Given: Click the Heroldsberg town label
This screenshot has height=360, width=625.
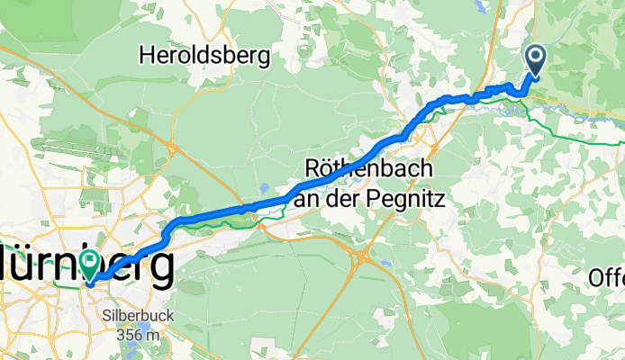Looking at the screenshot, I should point(205,56).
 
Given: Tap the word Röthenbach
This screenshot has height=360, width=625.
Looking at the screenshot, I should point(370,168).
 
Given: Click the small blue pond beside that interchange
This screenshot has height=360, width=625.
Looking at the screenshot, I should point(385,264).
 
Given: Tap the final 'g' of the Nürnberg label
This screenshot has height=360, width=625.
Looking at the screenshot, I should point(162,266).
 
